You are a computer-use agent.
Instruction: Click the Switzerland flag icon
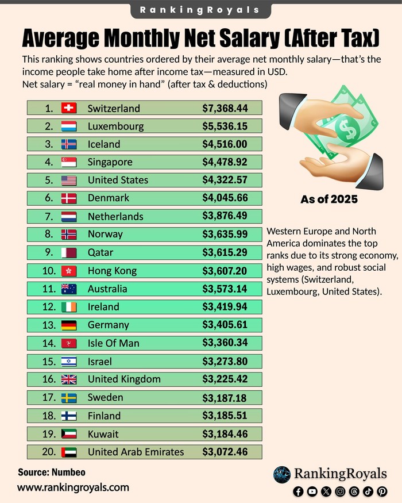pyautogui.click(x=69, y=108)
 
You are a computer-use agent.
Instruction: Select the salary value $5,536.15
pyautogui.click(x=225, y=126)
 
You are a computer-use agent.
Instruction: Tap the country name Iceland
pyautogui.click(x=104, y=144)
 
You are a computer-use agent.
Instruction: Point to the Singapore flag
pyautogui.click(x=69, y=162)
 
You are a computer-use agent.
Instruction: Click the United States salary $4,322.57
pyautogui.click(x=225, y=180)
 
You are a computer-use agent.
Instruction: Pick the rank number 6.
pyautogui.click(x=49, y=198)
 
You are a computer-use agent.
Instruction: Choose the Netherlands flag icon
pyautogui.click(x=69, y=217)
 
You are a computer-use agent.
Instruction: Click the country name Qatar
pyautogui.click(x=100, y=253)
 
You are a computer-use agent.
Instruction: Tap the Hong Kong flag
pyautogui.click(x=69, y=271)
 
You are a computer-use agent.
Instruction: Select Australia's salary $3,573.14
pyautogui.click(x=225, y=289)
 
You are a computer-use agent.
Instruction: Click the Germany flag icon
pyautogui.click(x=69, y=325)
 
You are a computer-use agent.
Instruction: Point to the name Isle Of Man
pyautogui.click(x=114, y=343)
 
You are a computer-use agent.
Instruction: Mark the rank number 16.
pyautogui.click(x=49, y=379)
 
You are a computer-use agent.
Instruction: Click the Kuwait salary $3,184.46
pyautogui.click(x=225, y=434)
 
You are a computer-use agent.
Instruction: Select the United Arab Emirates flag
pyautogui.click(x=69, y=452)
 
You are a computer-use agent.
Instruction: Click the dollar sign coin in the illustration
pyautogui.click(x=346, y=129)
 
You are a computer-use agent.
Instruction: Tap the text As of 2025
pyautogui.click(x=329, y=199)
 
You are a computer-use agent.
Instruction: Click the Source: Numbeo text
pyautogui.click(x=52, y=472)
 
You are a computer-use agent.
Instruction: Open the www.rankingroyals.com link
pyautogui.click(x=73, y=487)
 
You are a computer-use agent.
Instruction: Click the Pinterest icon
pyautogui.click(x=382, y=492)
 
